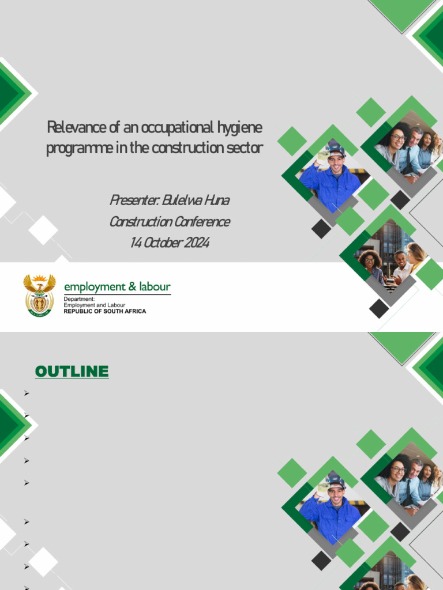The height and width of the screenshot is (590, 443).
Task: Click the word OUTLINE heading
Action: tap(72, 372)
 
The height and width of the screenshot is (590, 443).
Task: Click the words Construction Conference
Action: tap(170, 221)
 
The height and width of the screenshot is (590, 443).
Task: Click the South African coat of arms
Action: tap(39, 294)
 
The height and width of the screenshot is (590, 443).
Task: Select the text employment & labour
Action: tap(117, 286)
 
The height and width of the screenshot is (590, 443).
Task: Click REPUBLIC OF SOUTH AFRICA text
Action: tap(104, 311)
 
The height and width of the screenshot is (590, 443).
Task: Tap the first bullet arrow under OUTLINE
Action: tap(27, 393)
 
